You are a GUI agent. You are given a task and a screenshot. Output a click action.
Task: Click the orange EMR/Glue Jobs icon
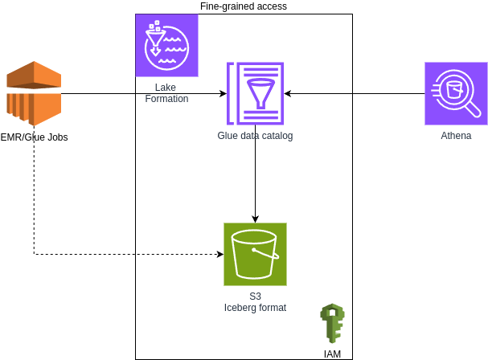point(34,94)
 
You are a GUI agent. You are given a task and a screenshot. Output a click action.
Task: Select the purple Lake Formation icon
point(166,45)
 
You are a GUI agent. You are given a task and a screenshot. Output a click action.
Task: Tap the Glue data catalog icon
point(255,94)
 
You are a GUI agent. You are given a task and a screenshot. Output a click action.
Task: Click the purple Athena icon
point(456,94)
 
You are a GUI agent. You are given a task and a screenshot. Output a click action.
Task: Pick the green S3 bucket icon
point(255,254)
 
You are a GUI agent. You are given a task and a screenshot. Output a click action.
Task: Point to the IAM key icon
point(331,323)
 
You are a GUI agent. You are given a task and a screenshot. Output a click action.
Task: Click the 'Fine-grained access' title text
point(243,6)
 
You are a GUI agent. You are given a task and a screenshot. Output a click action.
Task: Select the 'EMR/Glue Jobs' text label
point(34,137)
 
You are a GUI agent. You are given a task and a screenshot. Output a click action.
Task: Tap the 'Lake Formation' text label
point(166,93)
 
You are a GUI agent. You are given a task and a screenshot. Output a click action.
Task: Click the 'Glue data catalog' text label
point(255,136)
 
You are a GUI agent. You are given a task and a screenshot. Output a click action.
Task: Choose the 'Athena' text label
point(456,136)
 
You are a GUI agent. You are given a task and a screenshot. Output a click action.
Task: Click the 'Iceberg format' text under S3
point(255,308)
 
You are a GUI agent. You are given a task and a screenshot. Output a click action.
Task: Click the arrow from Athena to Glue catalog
point(354,94)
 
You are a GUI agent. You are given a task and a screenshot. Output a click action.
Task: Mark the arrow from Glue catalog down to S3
point(255,173)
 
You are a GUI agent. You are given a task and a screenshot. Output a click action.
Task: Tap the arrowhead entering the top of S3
point(255,219)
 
